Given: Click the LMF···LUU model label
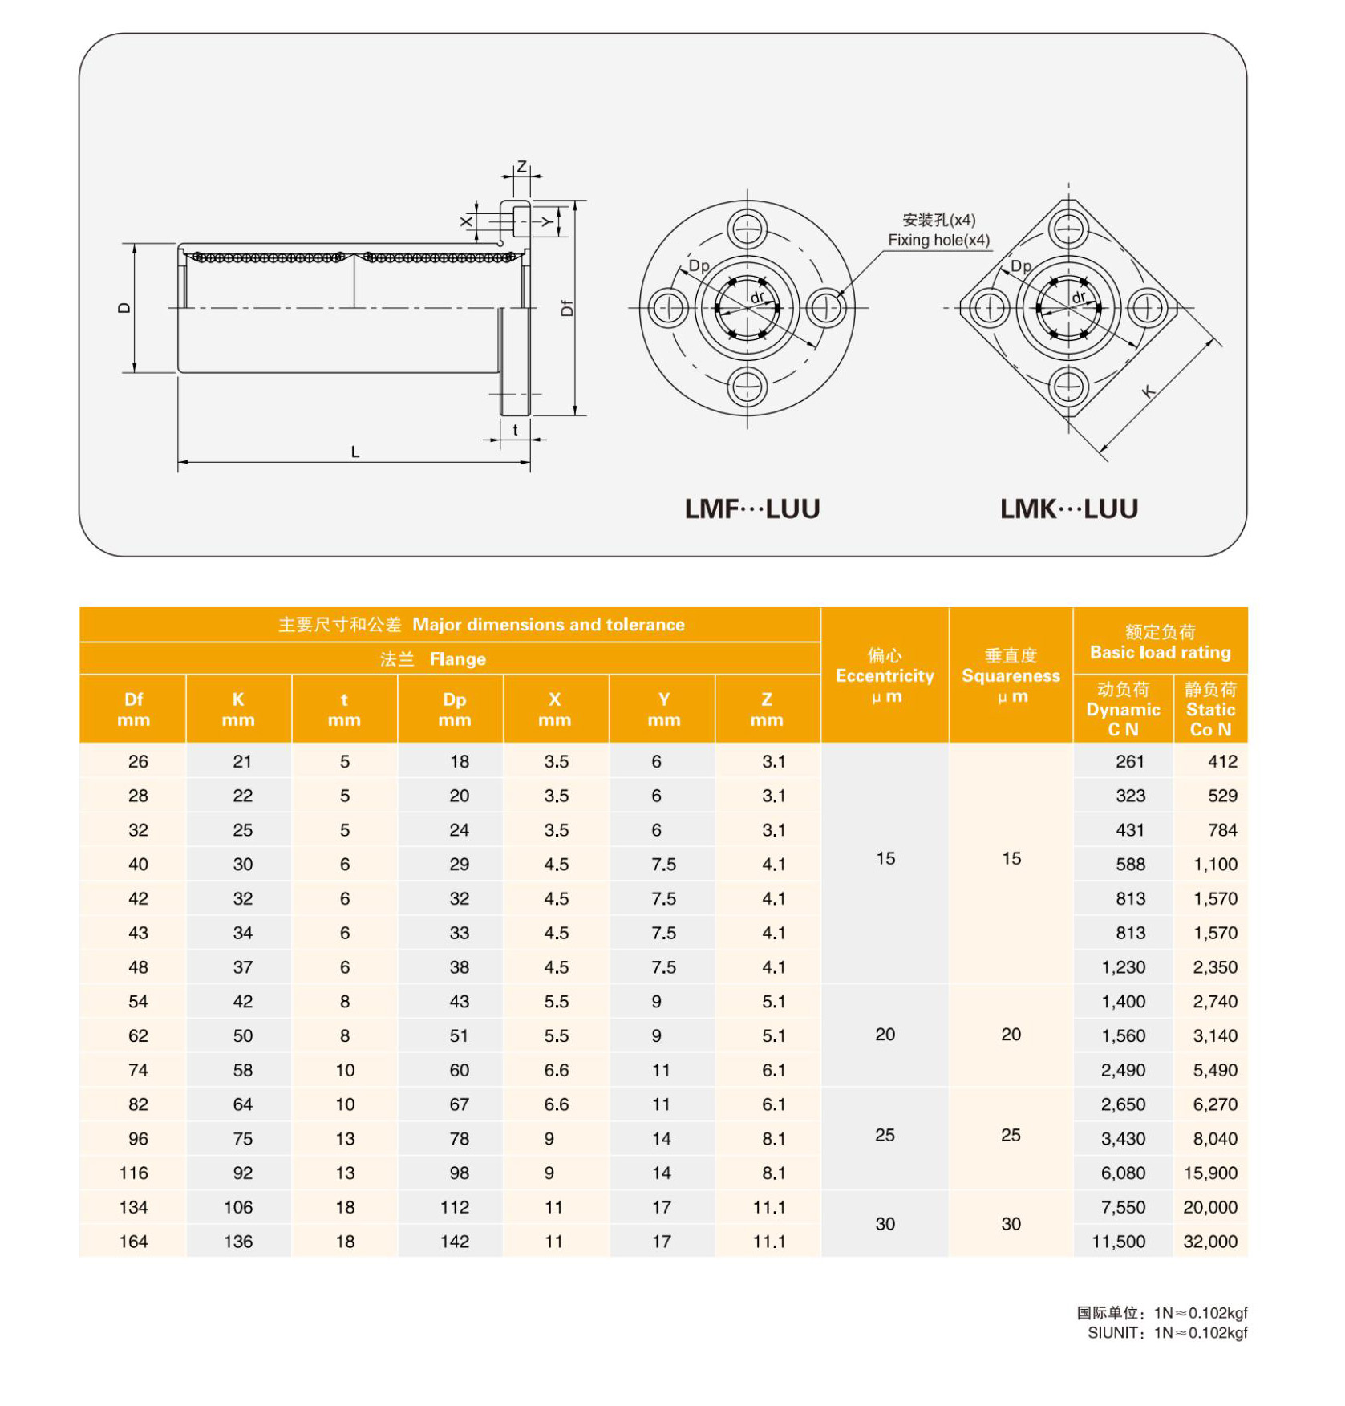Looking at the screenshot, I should coord(751,509).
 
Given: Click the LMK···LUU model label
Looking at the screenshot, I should coord(1068,509).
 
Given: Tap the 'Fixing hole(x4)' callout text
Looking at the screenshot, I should coord(938,240).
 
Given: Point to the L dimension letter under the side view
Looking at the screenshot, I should coord(355,452).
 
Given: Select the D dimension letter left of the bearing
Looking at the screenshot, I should coord(124,308).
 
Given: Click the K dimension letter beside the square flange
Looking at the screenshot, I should coord(1149,391).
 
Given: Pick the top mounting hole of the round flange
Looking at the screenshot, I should coord(747,229).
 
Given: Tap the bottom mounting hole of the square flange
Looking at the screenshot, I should coord(1068,387).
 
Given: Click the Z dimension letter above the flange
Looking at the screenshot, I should coord(522,167).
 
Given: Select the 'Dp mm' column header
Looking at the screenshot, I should coord(454,709).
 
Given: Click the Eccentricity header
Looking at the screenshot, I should coord(885,676).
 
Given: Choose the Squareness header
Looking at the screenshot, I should coord(1011,676).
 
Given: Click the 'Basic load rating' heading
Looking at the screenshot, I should coord(1160,652).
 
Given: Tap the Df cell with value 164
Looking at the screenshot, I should coord(133,1242).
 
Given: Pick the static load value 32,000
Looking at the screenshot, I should coord(1210,1242).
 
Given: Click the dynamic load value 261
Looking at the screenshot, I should coord(1129,761).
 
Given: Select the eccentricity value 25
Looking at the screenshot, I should coord(885,1135).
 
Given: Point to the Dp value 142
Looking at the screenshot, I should coord(454,1242).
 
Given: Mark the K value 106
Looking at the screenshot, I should coord(238,1207).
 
